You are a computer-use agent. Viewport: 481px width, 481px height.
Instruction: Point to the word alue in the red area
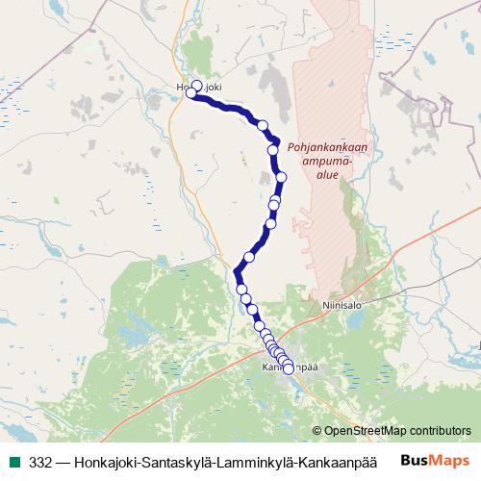click(x=328, y=175)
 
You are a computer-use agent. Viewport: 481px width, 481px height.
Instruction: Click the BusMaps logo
click(x=437, y=460)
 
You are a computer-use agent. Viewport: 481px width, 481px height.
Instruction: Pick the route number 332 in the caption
click(x=41, y=461)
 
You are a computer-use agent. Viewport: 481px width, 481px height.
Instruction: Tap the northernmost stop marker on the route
click(x=197, y=86)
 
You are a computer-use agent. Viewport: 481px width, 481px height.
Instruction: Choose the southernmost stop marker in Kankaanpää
click(x=289, y=369)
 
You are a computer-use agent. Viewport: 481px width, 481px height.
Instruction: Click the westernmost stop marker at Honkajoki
click(x=191, y=94)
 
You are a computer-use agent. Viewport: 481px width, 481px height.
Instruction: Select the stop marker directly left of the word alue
click(x=282, y=177)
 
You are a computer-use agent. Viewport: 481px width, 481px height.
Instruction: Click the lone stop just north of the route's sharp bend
click(x=249, y=257)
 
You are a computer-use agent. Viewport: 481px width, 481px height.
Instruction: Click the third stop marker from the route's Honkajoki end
click(x=262, y=124)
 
